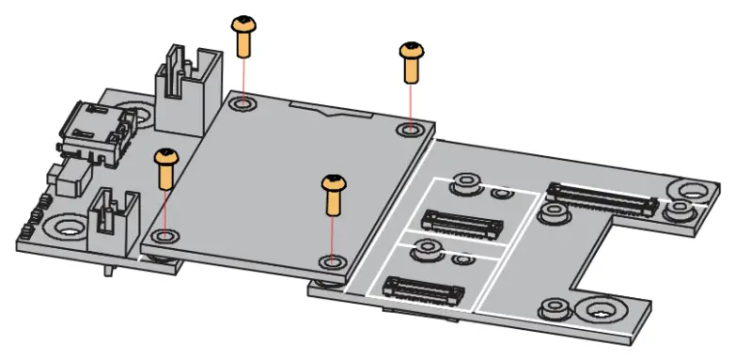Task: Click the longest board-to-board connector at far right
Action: tap(602, 196)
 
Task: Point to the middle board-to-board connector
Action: tap(461, 222)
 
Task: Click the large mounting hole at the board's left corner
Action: tap(68, 227)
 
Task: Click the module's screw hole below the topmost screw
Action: tap(242, 102)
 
